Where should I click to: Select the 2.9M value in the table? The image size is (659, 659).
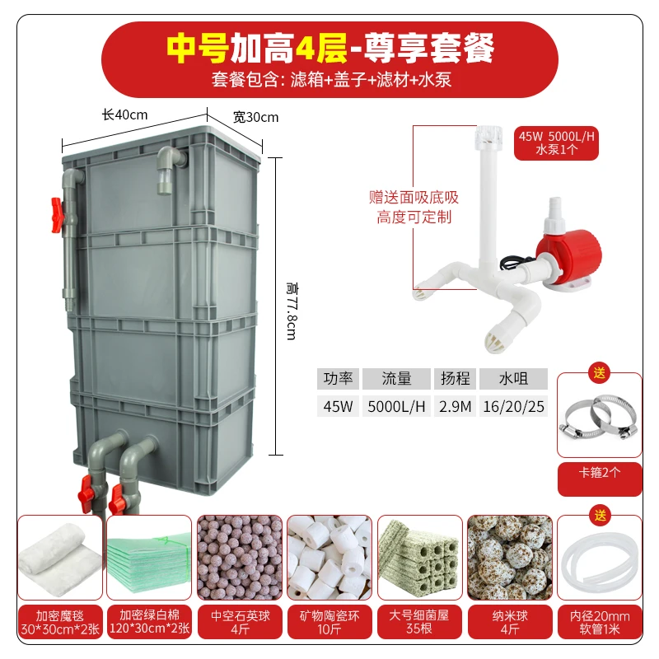coord(455,406)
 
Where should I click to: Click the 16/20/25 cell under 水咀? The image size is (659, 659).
coord(513,406)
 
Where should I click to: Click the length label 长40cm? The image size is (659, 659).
coord(124,115)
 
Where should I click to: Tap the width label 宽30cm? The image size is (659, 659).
coord(255,117)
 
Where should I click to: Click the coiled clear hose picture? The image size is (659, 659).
coord(599,557)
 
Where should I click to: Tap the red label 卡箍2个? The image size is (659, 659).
coord(599,479)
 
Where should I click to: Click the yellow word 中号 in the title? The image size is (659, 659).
coord(199,49)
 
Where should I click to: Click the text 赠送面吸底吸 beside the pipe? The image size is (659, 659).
coord(414,198)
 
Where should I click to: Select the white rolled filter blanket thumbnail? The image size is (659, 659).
coord(59,557)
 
